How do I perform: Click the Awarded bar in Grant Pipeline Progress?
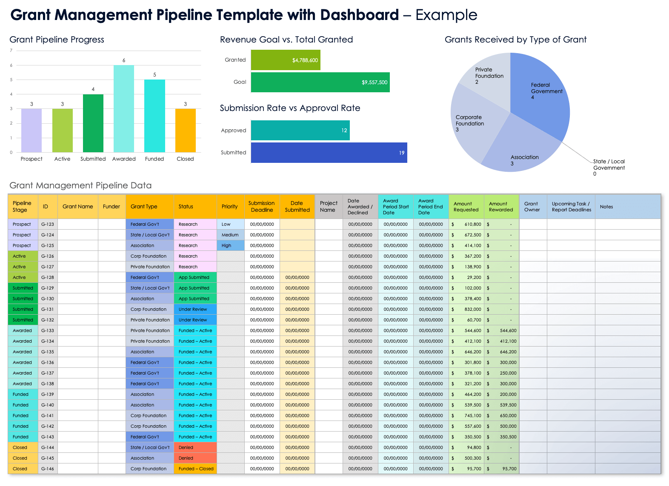[x=124, y=109]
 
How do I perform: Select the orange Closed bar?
[x=186, y=131]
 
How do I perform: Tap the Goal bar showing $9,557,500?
[x=320, y=82]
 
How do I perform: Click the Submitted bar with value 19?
[x=329, y=153]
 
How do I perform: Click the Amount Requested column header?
[x=466, y=207]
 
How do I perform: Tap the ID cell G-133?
[x=48, y=330]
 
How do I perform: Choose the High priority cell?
[x=230, y=245]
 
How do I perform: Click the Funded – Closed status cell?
[x=195, y=469]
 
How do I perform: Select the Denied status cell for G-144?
[x=195, y=447]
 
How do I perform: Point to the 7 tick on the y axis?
[x=11, y=51]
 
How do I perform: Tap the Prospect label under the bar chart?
[x=31, y=159]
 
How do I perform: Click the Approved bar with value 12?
[x=300, y=131]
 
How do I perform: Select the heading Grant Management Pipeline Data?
[x=80, y=185]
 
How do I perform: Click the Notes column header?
[x=606, y=207]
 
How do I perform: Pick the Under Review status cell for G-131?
[x=195, y=309]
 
